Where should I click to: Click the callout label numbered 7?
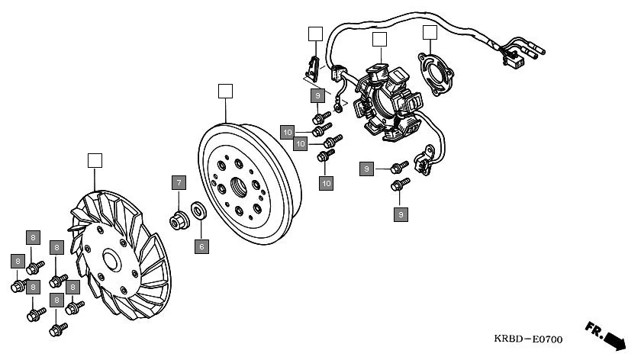coord(178,183)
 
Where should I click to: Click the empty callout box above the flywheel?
coord(224,91)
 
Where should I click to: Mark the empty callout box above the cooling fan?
coord(95,160)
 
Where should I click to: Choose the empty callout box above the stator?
coord(379,40)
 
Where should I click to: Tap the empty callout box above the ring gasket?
coord(430,32)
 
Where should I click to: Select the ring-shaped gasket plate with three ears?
coord(436,75)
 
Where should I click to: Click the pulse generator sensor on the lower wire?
coord(422,161)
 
